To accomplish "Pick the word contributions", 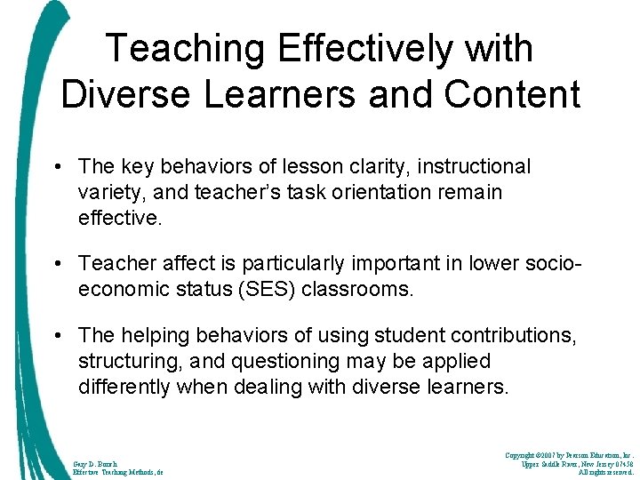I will click(514, 335).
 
